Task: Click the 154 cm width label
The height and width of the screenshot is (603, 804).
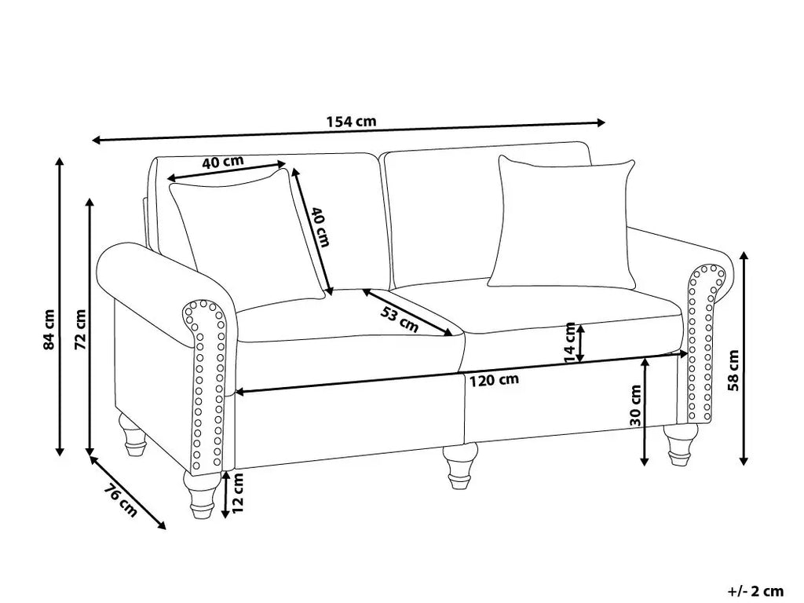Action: pos(350,122)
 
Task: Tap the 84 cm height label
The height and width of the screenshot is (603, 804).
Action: pos(49,330)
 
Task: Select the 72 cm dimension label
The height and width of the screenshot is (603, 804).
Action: pos(80,330)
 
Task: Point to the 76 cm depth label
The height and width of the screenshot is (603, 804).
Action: pos(120,502)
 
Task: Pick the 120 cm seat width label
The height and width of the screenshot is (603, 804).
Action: pos(494,381)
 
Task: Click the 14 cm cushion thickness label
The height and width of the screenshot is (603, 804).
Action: pos(571,343)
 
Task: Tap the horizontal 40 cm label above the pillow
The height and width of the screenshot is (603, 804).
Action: pos(222,163)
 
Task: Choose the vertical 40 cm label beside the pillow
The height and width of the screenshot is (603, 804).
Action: pos(318,226)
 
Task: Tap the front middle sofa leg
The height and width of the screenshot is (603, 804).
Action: pos(459,466)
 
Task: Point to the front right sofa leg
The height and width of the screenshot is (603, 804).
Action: pos(677,443)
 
